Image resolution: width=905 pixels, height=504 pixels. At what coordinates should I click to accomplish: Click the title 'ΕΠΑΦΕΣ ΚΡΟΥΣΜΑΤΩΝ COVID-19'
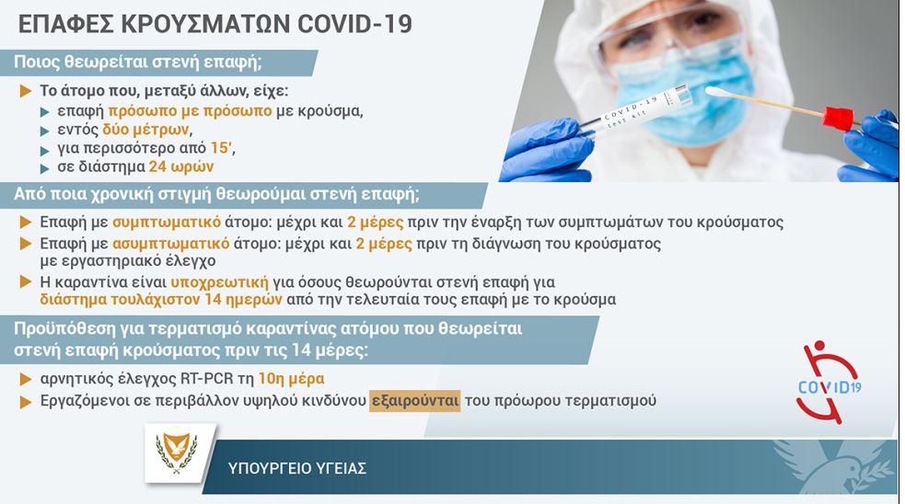coord(215,24)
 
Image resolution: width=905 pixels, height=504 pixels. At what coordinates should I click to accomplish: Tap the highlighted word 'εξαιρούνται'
coord(415,400)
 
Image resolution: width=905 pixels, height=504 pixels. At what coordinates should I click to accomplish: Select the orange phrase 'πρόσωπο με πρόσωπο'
coord(190,110)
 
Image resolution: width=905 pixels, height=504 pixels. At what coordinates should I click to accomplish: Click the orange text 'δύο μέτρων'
coord(145,129)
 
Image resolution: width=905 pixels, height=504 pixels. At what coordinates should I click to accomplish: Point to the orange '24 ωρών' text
coord(181,166)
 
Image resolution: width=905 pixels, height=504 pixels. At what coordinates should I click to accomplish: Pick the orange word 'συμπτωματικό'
coord(167,222)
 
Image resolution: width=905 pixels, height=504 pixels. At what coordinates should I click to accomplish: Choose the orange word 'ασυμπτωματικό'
coord(171,244)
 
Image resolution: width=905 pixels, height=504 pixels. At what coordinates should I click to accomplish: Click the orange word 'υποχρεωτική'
coord(219,282)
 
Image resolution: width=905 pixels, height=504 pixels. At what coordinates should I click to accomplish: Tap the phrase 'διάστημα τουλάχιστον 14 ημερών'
coord(161,299)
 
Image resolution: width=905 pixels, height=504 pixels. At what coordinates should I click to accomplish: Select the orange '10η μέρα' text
coord(291,378)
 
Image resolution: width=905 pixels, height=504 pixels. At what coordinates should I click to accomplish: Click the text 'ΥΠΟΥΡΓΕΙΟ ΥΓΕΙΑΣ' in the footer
coord(297,467)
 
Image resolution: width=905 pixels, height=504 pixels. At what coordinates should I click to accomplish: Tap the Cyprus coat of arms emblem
coord(177,452)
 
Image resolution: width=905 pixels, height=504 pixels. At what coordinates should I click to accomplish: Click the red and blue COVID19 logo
coord(829,382)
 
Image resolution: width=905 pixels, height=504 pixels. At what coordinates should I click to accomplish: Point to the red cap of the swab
coord(837,118)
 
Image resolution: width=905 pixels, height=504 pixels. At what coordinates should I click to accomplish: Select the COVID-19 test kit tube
coord(635,110)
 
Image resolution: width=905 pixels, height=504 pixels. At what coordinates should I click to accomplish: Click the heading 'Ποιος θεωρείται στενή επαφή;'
coord(138,62)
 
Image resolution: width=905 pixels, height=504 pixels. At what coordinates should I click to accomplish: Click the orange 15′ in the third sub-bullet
coord(222,148)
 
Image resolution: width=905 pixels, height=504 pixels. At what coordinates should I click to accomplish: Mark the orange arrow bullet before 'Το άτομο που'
coord(26,91)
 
